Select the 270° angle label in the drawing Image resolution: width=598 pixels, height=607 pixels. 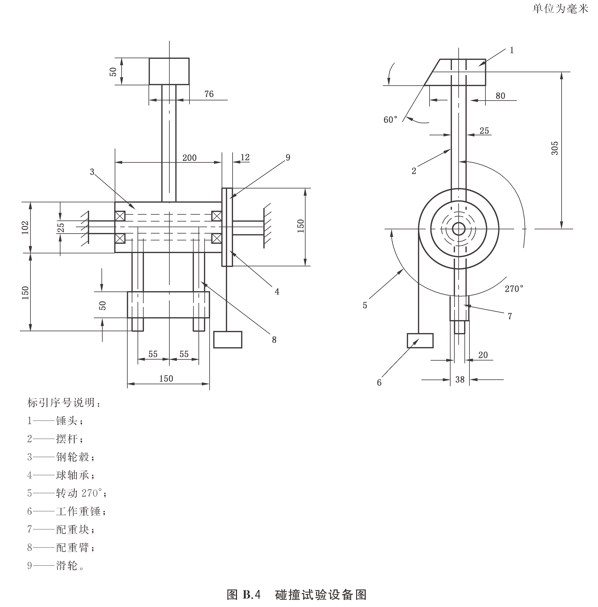click(x=514, y=289)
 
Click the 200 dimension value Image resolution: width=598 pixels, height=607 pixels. click(x=189, y=158)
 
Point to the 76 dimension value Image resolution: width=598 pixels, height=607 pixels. click(x=209, y=94)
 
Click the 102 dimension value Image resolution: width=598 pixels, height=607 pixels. click(x=25, y=227)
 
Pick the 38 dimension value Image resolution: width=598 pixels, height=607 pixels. click(x=460, y=380)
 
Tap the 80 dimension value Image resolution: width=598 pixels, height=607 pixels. click(x=500, y=96)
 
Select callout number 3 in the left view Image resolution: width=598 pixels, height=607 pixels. click(x=92, y=172)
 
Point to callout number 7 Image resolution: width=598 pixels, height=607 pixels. click(x=510, y=316)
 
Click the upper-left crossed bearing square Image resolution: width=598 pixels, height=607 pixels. click(x=120, y=216)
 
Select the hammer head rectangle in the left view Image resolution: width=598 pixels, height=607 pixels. click(x=169, y=71)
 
